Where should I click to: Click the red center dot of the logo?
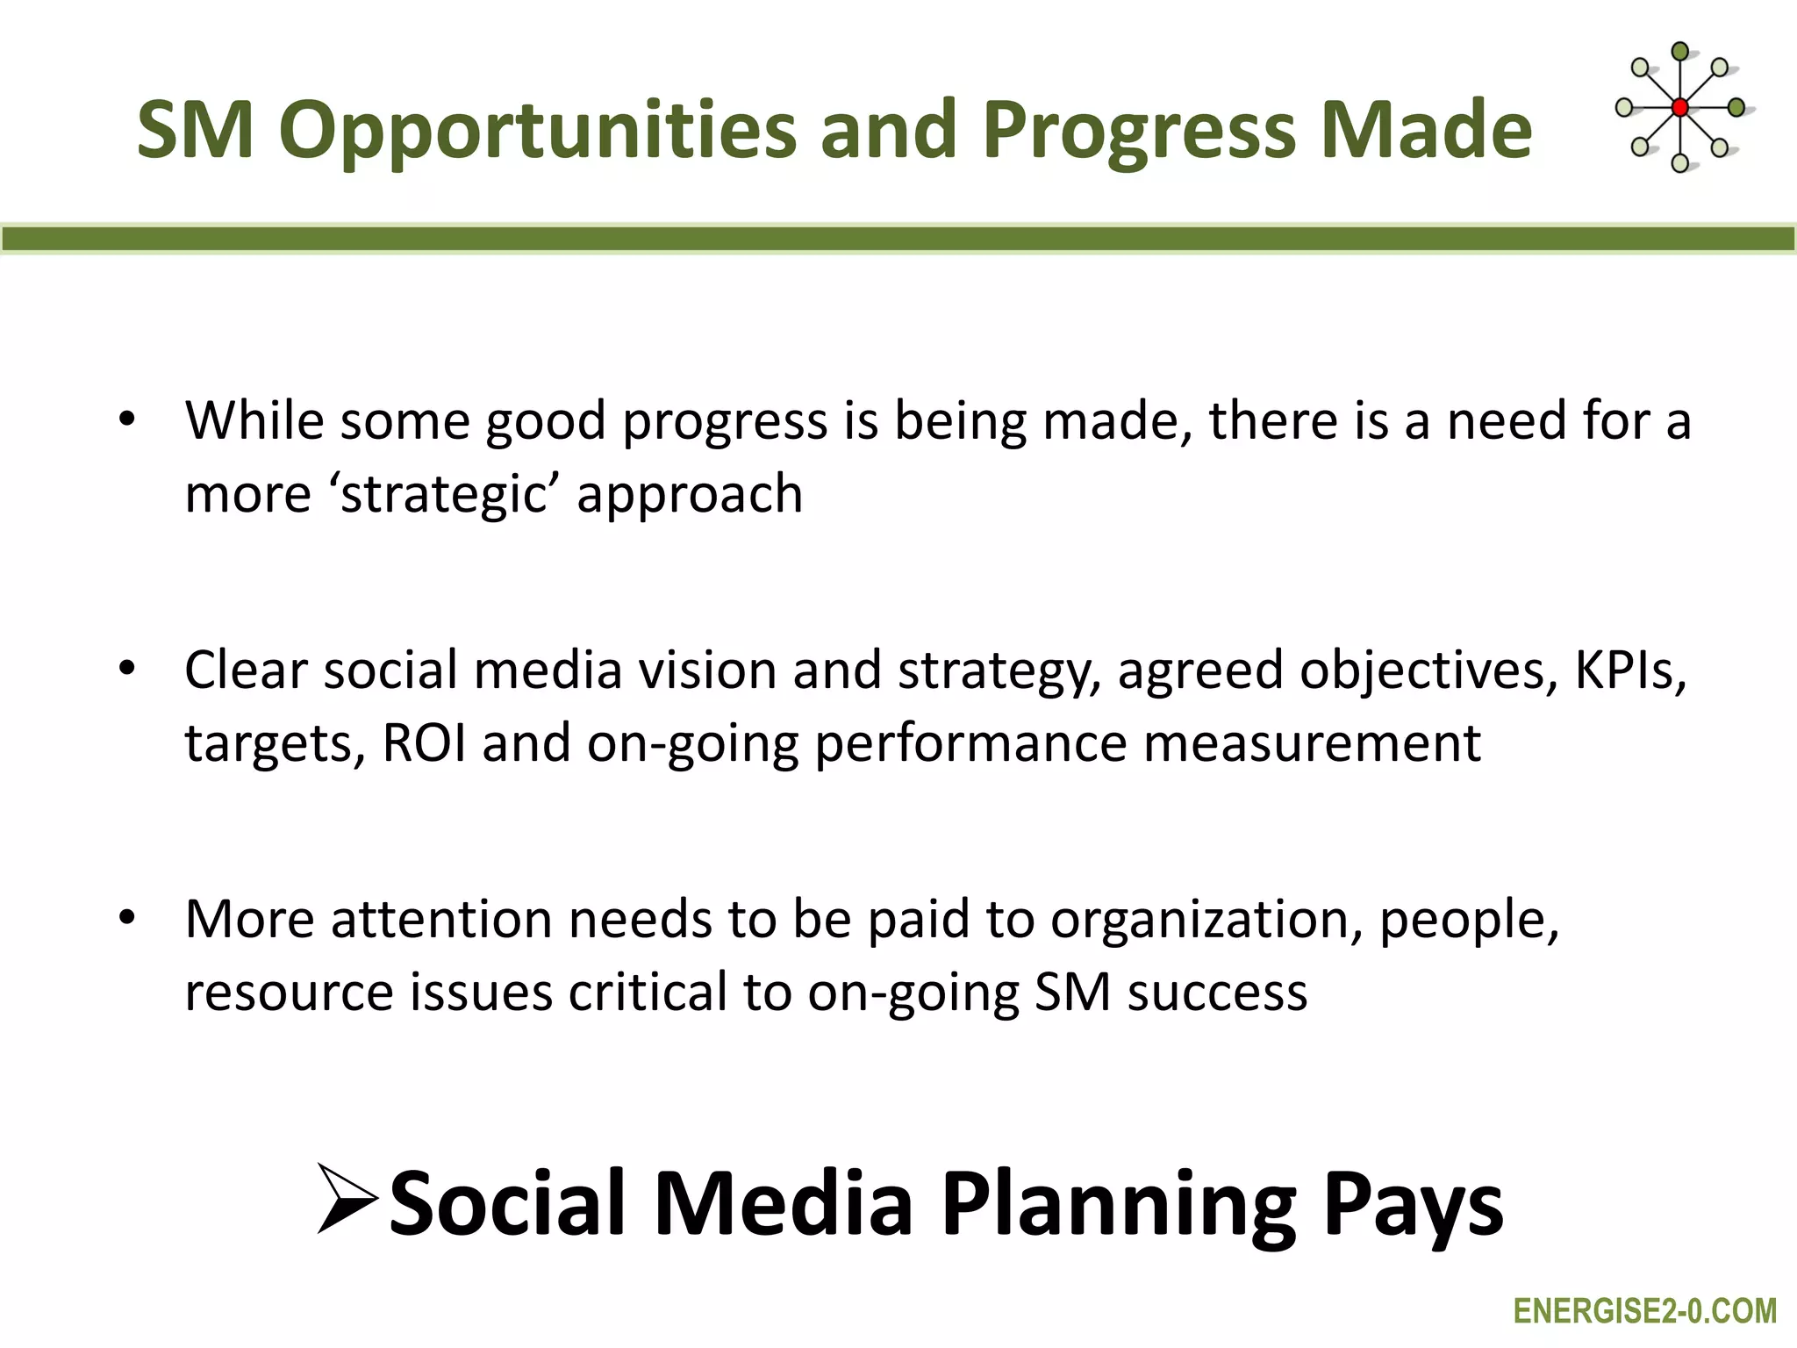click(1679, 108)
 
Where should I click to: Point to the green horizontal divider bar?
click(898, 239)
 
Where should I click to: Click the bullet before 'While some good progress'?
click(128, 419)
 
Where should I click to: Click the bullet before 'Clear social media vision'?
click(128, 669)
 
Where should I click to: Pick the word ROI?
click(424, 743)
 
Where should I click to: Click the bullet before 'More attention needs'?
click(128, 918)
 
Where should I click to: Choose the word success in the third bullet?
click(1217, 993)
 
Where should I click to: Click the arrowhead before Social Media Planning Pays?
click(347, 1199)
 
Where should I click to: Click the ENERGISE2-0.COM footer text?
click(1644, 1311)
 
